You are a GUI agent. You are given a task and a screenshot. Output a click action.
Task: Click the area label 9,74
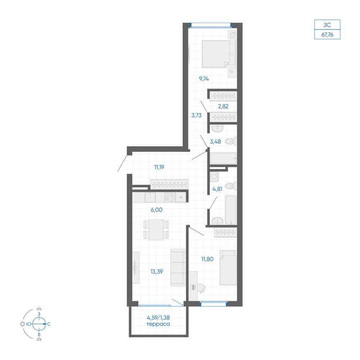204,79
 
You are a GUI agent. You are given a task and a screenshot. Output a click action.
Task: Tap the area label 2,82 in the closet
223,106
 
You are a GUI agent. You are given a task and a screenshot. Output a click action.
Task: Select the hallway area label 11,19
159,167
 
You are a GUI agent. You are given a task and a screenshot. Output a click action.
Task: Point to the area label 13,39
157,271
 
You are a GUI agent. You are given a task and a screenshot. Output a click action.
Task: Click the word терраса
158,324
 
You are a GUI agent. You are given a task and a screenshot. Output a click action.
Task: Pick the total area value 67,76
327,35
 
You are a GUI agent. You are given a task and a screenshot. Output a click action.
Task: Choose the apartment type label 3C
327,25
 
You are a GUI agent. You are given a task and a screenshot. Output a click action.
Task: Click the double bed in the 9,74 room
219,54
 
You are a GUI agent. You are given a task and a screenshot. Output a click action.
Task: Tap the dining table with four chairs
156,230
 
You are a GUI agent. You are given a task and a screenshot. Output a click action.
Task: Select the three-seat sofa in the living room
178,268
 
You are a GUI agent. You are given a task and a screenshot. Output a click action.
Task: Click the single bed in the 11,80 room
228,268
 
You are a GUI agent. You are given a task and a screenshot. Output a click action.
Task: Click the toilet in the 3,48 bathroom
231,141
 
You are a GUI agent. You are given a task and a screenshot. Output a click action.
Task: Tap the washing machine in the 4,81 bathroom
214,177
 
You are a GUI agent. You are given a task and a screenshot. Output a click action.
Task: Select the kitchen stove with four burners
170,197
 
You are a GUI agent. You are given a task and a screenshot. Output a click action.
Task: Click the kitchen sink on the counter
150,197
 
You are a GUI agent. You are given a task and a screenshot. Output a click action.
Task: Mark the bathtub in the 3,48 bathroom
224,158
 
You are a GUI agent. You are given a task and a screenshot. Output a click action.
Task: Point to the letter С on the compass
49,324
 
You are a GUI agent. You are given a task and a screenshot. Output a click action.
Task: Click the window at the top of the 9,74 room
211,25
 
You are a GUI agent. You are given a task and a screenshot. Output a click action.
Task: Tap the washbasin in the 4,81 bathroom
217,221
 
